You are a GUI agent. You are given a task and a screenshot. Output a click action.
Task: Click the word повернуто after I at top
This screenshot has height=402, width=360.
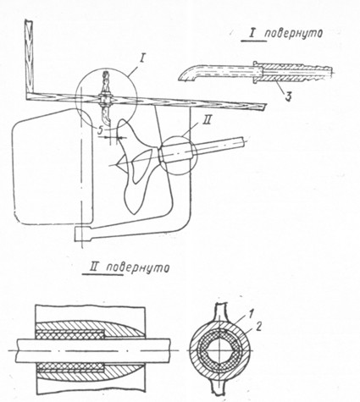click(294, 34)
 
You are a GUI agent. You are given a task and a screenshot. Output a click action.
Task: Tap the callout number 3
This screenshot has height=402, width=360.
click(287, 96)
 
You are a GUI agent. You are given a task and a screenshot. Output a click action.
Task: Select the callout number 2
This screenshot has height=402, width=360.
click(258, 327)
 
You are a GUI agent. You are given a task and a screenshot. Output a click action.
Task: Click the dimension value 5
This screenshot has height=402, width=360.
click(100, 130)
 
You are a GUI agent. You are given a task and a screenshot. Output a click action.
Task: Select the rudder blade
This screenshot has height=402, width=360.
click(53, 167)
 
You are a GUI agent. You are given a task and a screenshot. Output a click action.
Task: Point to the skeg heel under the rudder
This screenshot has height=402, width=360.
click(82, 234)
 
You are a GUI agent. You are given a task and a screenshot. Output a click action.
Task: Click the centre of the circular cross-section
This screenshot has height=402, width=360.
click(219, 350)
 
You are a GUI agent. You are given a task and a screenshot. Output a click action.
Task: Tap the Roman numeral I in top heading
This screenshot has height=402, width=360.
click(251, 34)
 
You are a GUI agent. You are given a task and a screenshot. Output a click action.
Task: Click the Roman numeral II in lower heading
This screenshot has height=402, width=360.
click(93, 267)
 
